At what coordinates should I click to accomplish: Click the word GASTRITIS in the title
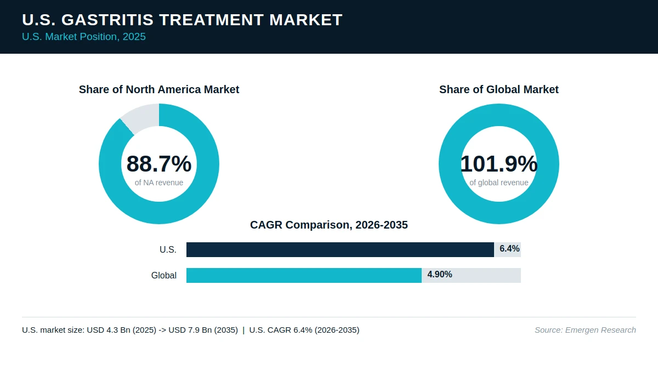pos(107,20)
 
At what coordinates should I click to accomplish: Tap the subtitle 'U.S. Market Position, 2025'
pos(84,37)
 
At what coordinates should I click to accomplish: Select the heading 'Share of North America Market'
pos(159,89)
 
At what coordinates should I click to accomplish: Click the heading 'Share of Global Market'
pos(499,89)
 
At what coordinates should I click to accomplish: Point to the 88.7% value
pos(159,163)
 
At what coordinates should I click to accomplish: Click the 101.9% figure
pos(499,163)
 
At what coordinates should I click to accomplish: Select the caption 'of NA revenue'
pos(159,183)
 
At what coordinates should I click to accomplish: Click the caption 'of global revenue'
pos(499,183)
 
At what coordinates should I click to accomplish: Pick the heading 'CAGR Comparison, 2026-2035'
pos(329,225)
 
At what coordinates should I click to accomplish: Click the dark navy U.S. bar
pos(340,249)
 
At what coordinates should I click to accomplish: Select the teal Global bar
pos(304,275)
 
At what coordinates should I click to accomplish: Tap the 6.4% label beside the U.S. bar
pos(509,249)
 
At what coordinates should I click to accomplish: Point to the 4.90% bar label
pos(440,274)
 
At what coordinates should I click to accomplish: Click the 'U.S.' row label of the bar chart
pos(168,249)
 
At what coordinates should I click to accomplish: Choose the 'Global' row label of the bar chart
pos(164,275)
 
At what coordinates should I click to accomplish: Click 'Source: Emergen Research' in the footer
pos(586,330)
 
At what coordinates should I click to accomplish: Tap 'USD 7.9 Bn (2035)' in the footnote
pos(203,330)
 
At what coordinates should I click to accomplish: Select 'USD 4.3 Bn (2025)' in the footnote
pos(122,330)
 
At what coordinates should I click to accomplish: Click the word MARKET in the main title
pos(306,20)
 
